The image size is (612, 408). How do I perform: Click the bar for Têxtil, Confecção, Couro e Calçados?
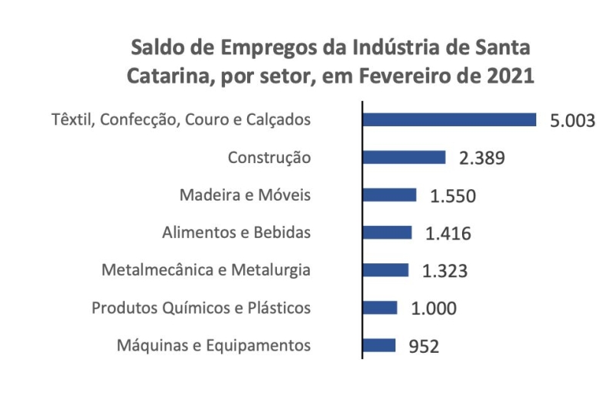click(449, 119)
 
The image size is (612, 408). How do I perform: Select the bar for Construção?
click(404, 157)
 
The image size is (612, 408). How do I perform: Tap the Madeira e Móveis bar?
click(389, 194)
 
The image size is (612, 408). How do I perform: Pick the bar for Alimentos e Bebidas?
click(387, 232)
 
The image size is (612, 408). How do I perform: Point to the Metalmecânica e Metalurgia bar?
click(386, 269)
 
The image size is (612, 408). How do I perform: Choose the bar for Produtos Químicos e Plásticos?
click(380, 307)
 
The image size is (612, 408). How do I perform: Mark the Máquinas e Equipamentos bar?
click(379, 344)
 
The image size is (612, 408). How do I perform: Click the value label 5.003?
click(572, 121)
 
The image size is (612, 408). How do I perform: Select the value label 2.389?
click(482, 158)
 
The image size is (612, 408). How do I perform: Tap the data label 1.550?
click(453, 196)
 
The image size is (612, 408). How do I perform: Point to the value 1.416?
click(448, 233)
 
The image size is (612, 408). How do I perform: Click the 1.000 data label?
click(434, 308)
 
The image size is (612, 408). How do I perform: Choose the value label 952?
click(425, 346)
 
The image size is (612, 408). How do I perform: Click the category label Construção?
click(269, 158)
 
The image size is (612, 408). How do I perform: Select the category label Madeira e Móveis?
click(245, 194)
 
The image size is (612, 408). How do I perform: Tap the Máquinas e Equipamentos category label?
click(213, 345)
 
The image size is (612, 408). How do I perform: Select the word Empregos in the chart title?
click(233, 47)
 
